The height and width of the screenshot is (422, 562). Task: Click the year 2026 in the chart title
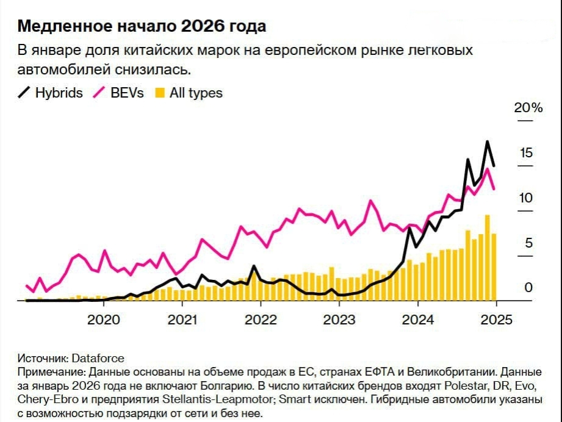click(202, 27)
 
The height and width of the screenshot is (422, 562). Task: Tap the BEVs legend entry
click(118, 93)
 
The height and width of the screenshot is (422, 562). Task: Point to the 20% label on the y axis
click(528, 108)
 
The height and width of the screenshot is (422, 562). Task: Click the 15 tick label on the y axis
click(526, 153)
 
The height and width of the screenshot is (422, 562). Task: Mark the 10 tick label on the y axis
click(526, 198)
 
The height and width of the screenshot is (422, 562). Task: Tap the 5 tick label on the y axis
click(529, 243)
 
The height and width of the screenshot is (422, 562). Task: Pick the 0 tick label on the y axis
click(529, 288)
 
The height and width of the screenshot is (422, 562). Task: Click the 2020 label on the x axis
click(103, 320)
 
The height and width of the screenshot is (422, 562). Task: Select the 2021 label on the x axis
click(182, 320)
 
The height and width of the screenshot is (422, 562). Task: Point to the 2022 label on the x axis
click(261, 320)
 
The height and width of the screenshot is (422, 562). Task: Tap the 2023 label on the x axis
click(339, 320)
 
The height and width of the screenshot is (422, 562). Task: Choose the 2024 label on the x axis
click(418, 320)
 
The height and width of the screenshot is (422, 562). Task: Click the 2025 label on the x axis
click(496, 320)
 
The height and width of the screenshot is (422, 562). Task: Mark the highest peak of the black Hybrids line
click(487, 142)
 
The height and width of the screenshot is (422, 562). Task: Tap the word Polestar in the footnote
click(468, 386)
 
